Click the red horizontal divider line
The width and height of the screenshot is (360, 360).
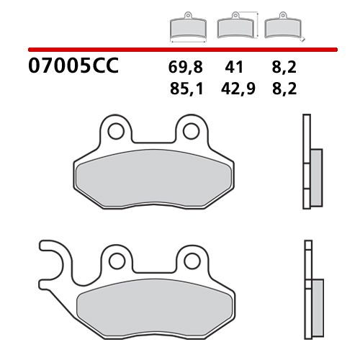coord(180,50)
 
